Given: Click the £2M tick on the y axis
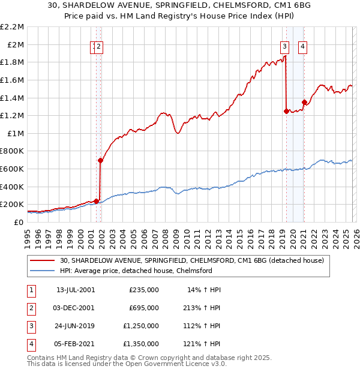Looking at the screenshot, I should pyautogui.click(x=16, y=44).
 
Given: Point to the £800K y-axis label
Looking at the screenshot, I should pyautogui.click(x=13, y=151).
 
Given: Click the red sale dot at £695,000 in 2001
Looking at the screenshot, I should pyautogui.click(x=100, y=160).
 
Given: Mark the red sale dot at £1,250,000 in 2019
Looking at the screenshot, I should pyautogui.click(x=286, y=111).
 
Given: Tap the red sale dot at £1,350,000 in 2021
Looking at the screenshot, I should pyautogui.click(x=304, y=102).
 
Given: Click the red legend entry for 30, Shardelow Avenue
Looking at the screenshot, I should pyautogui.click(x=192, y=260).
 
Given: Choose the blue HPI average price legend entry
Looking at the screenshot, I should pyautogui.click(x=136, y=271).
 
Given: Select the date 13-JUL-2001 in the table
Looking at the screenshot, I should pyautogui.click(x=75, y=289).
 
